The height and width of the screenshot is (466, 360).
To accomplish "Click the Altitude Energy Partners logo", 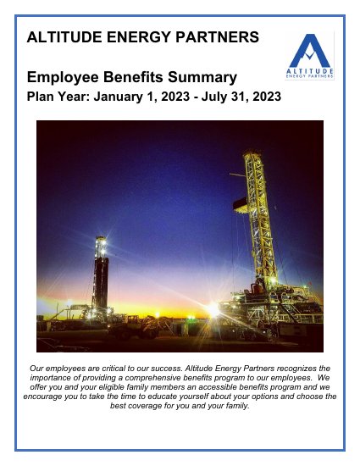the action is pos(311,55).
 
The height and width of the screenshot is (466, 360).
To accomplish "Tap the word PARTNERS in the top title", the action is pos(217,37).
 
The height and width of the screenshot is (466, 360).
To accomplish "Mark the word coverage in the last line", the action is pos(148,406).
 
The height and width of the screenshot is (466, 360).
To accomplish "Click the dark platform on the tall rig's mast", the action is pos(241,203).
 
